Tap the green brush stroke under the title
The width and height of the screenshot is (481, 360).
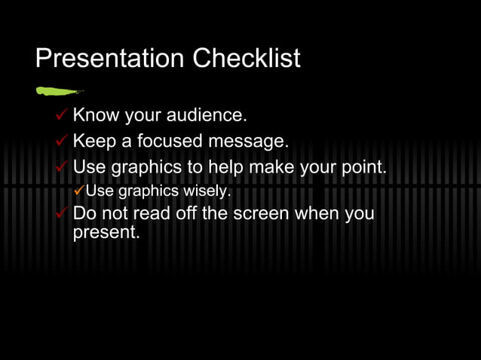[59, 91]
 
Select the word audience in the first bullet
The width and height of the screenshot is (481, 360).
[207, 116]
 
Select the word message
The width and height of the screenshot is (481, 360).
[250, 142]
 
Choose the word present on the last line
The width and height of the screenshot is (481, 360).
[106, 233]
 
